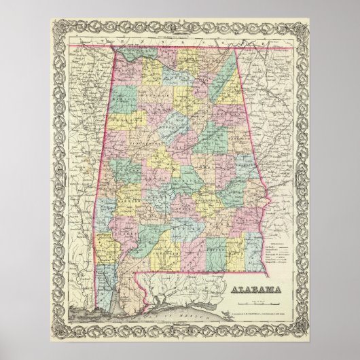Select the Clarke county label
[122, 234]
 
